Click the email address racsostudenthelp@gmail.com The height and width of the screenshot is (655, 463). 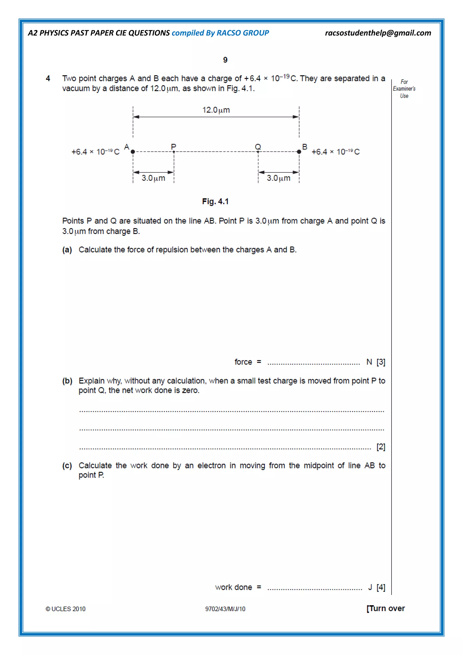pos(378,33)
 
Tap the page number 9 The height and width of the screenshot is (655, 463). pos(225,60)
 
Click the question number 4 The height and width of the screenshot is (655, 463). pos(48,78)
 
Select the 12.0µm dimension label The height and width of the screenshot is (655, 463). pos(216,110)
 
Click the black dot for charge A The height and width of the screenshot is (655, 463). pos(133,152)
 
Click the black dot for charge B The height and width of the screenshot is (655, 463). pos(299,152)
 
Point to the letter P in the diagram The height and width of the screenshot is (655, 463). pos(173,147)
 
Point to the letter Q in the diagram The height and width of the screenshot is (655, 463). pos(258,147)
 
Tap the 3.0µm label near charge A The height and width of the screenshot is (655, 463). pos(153,178)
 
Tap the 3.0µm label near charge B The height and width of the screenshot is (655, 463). pos(279,178)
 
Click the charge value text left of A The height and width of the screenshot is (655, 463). pos(95,152)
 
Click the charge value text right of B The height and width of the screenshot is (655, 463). pos(335,152)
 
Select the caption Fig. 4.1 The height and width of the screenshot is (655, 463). pos(215,202)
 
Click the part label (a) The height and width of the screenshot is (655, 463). pos(67,250)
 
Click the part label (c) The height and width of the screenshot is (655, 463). pos(67,465)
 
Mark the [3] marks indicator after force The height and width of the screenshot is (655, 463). pos(381,362)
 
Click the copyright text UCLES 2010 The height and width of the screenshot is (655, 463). pos(66,609)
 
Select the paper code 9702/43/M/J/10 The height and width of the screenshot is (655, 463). pos(225,609)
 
